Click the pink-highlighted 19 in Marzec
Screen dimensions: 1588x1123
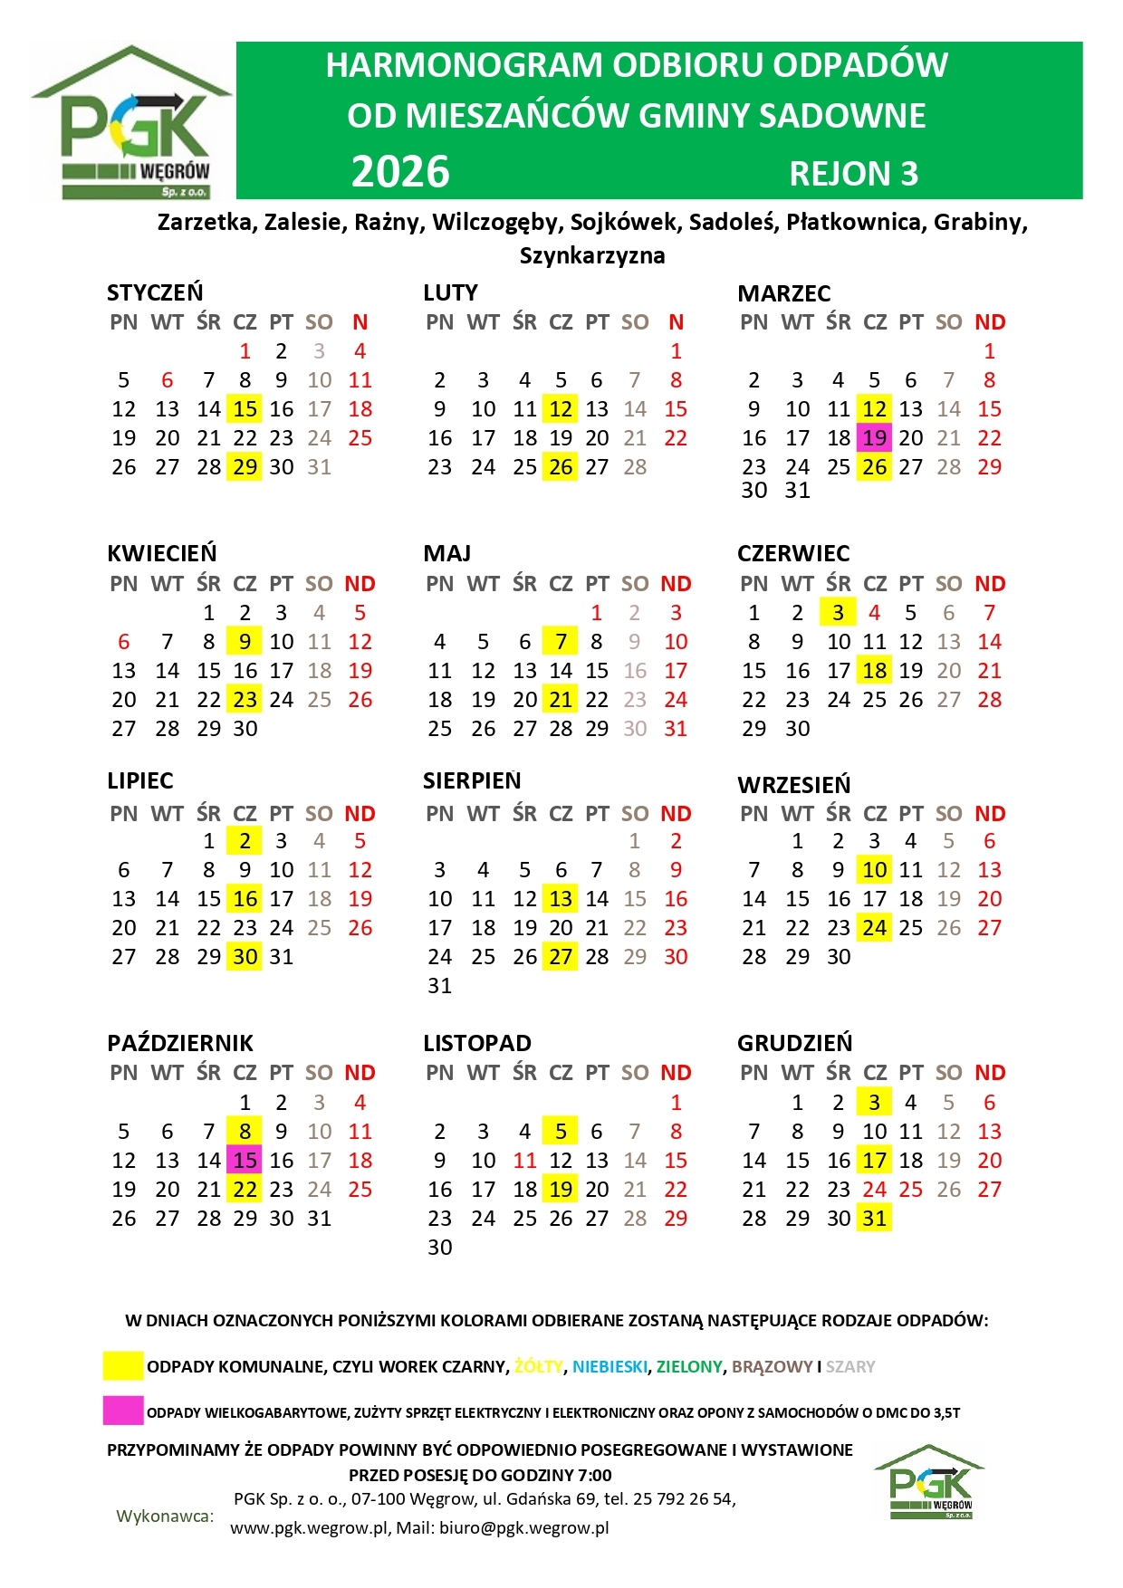[874, 438]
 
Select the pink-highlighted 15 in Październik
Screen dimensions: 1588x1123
[245, 1161]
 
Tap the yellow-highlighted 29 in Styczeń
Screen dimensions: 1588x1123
[245, 467]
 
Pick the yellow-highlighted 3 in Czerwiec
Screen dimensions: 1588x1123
[838, 613]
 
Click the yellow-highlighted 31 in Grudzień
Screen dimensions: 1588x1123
[874, 1219]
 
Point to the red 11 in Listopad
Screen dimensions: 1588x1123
[525, 1161]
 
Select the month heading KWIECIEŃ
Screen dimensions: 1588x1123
[162, 553]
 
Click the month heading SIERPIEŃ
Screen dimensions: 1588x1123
[472, 780]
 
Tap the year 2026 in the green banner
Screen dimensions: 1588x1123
[400, 172]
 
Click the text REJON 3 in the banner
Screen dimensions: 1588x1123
[853, 174]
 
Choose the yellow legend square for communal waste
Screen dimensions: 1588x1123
[123, 1365]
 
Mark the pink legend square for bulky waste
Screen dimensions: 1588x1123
[123, 1411]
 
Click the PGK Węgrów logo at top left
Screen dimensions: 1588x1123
[132, 122]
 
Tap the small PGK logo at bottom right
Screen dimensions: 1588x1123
[929, 1482]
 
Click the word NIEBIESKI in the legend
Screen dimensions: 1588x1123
[609, 1366]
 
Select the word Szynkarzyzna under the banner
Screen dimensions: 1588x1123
[592, 256]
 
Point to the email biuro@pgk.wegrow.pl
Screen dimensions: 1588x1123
[523, 1528]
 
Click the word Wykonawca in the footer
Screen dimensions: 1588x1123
[165, 1516]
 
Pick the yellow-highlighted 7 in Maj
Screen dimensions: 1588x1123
[561, 642]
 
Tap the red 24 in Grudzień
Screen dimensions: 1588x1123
[874, 1190]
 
